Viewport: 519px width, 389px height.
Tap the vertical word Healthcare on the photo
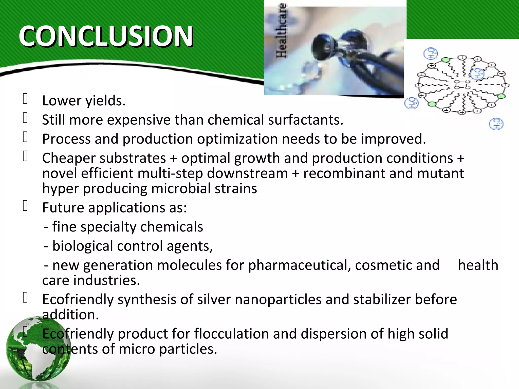[282, 30]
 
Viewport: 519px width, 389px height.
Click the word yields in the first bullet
[105, 101]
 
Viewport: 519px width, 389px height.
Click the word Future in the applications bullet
[63, 208]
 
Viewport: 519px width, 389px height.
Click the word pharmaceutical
[299, 265]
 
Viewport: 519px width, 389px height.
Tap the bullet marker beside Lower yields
[25, 99]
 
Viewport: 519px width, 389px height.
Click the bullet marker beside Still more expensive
[25, 118]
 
